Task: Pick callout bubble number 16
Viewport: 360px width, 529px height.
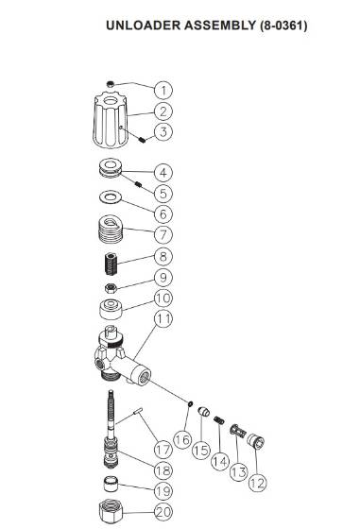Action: pos(183,440)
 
